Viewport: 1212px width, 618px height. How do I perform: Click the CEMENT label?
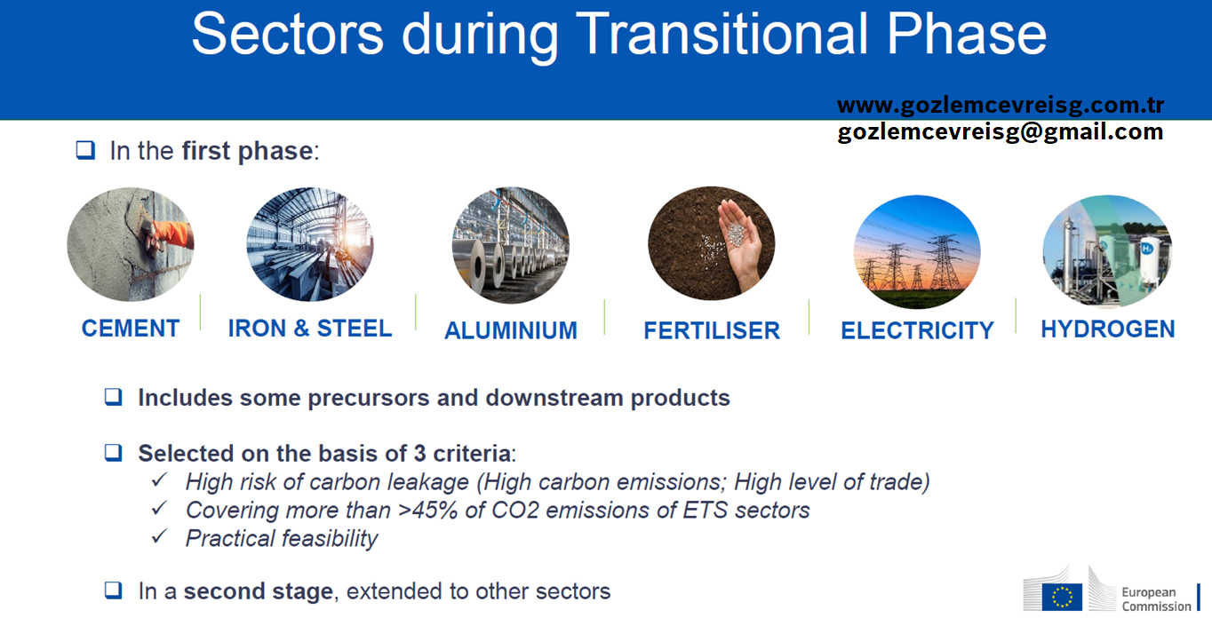131,329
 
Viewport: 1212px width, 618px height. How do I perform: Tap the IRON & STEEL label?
310,329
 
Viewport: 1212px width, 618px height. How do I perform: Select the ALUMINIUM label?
511,330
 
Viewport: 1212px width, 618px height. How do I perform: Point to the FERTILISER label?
712,330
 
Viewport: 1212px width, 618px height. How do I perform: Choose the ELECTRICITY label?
917,330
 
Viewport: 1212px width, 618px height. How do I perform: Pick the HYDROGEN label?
1107,329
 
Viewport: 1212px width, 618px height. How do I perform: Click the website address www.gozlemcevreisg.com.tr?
1001,105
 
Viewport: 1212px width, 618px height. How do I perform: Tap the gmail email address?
1001,131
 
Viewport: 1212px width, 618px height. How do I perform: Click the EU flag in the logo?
1062,597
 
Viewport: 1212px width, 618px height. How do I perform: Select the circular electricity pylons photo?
917,251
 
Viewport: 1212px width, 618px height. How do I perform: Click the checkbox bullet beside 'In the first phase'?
85,150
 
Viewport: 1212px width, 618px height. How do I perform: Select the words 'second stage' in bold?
258,591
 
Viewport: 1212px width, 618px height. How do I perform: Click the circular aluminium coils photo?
511,245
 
